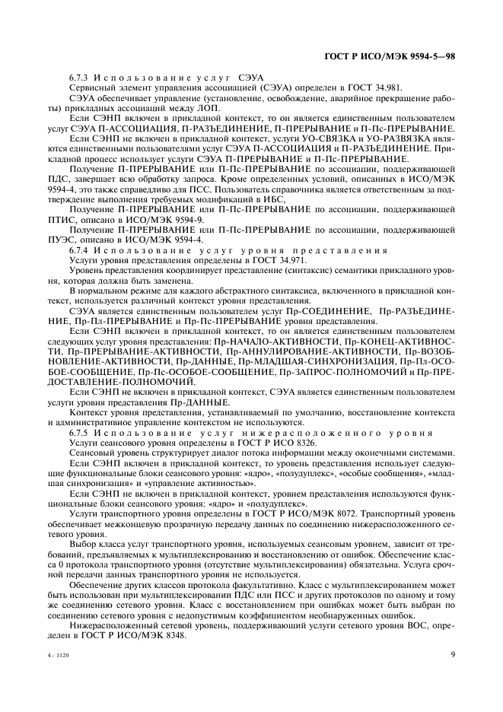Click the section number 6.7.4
[x=79, y=250]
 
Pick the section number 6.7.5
[x=79, y=432]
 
